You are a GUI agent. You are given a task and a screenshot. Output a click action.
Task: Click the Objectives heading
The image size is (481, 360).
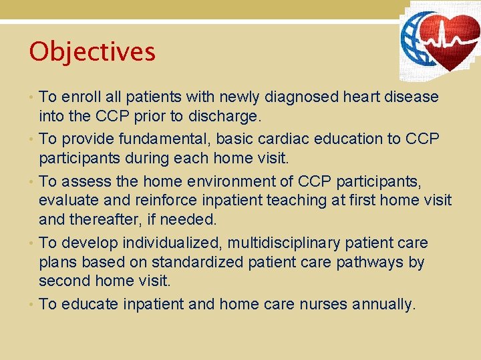(92, 52)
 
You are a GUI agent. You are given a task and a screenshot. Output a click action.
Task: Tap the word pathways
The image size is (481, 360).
(369, 263)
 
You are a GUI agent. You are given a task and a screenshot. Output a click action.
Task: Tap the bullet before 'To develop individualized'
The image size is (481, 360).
(33, 243)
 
